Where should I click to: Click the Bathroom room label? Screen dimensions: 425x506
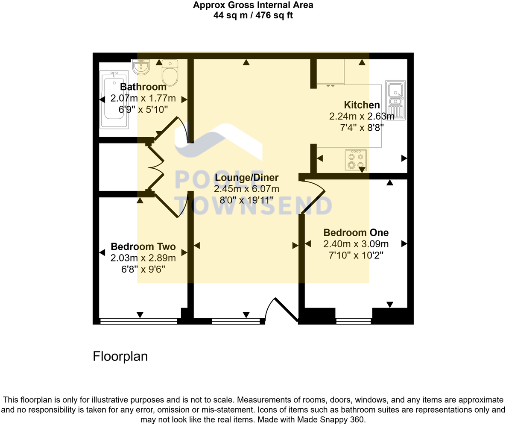click(x=143, y=87)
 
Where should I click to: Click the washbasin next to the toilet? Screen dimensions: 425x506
click(x=141, y=67)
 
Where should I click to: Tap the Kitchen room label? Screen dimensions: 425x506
click(x=362, y=105)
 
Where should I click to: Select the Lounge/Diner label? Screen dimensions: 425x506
click(x=246, y=178)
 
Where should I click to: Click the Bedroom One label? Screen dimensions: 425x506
click(x=356, y=233)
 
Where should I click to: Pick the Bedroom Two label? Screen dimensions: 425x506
click(x=143, y=247)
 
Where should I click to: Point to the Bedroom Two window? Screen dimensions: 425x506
click(x=138, y=321)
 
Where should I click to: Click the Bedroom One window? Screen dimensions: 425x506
click(x=353, y=321)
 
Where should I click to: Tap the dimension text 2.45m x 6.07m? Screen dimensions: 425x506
click(x=246, y=189)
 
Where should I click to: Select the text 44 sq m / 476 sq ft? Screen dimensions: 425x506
click(x=253, y=15)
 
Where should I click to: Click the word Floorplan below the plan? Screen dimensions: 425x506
click(x=120, y=356)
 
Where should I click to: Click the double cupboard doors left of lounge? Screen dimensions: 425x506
click(x=156, y=167)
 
